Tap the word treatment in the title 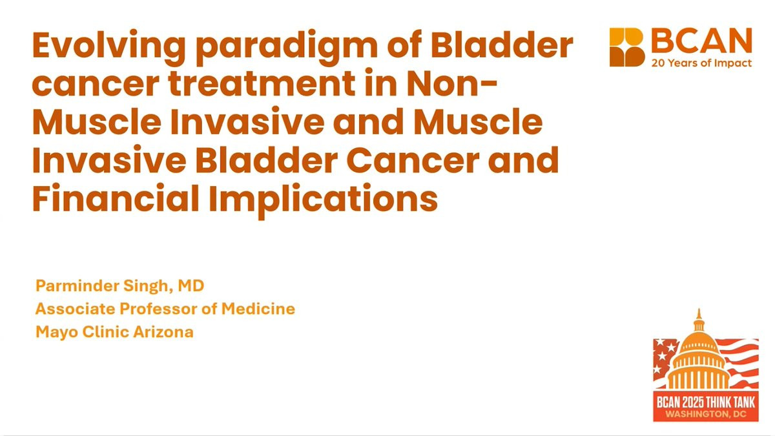(262, 84)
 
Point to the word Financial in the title (116, 197)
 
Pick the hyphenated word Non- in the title (452, 84)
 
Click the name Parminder (77, 285)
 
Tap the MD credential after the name (191, 285)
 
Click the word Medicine (258, 309)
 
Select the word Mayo (57, 333)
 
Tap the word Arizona (163, 332)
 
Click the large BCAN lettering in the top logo (701, 41)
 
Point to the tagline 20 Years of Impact (701, 63)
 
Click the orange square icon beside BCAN (626, 47)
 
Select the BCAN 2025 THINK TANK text (706, 402)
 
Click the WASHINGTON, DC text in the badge (706, 414)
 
